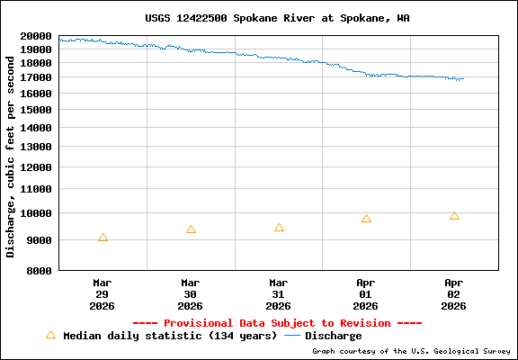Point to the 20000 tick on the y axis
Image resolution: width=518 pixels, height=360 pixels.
(x=35, y=36)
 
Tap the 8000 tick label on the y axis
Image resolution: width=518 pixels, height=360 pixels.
(x=39, y=269)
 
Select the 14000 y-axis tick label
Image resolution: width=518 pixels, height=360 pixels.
(x=35, y=128)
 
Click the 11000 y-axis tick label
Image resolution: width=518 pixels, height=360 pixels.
(x=35, y=190)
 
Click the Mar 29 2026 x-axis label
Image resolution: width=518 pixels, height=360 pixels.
(x=103, y=293)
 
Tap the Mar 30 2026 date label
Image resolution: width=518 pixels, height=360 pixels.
(x=191, y=293)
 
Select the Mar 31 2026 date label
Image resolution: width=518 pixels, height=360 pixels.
(x=279, y=293)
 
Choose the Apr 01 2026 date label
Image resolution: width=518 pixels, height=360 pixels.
(x=366, y=293)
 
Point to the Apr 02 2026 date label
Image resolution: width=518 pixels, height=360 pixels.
(x=454, y=293)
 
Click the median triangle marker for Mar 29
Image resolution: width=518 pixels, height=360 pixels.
(x=103, y=238)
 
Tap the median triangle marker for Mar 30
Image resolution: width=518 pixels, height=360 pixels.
(x=191, y=229)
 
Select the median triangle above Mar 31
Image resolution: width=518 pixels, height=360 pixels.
(x=279, y=228)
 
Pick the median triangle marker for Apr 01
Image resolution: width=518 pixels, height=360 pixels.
(x=366, y=219)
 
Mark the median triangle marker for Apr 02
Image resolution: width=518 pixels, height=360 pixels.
(x=454, y=216)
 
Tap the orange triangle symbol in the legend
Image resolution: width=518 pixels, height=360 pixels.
(x=50, y=335)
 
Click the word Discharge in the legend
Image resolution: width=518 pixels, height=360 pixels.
(x=333, y=336)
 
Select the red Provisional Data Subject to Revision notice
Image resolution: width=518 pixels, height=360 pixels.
(x=277, y=323)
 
